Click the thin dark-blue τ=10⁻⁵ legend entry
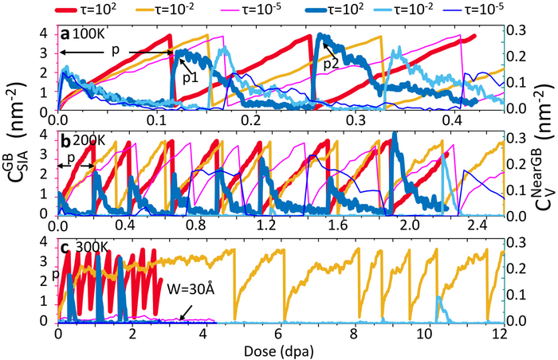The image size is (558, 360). pos(501,10)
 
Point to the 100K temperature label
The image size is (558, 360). pos(88,37)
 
